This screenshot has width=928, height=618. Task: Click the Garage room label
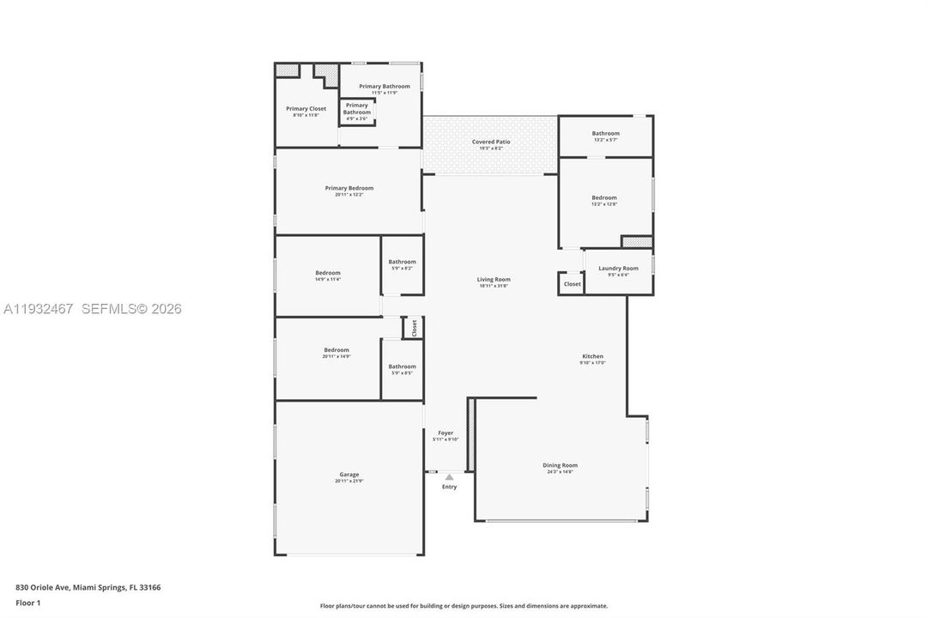coord(349,475)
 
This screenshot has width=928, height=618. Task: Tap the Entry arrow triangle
coord(449,477)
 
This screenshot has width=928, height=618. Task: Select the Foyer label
coord(446,433)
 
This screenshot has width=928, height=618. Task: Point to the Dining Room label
coord(560,465)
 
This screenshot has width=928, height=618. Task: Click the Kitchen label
coord(592,356)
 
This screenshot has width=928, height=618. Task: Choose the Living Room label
coord(494,279)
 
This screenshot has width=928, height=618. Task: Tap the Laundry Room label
coord(618,269)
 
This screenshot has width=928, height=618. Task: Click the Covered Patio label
coord(491,142)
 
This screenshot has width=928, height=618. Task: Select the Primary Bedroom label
coord(349,188)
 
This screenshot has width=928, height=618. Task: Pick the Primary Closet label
coord(306,109)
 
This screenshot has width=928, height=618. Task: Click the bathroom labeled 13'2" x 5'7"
coord(605,133)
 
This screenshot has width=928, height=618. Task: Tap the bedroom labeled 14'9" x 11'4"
coord(327,273)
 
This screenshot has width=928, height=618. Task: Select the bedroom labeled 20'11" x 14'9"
coord(337,349)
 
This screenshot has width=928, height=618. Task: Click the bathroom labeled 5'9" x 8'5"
coord(402,367)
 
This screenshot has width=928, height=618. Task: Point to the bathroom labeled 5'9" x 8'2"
coord(402,262)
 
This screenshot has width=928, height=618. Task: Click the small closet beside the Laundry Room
coord(572,284)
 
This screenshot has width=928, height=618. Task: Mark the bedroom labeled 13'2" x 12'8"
coord(604,197)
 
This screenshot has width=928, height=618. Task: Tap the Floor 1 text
coord(27,603)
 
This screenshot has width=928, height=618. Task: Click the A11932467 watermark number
coord(39,309)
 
